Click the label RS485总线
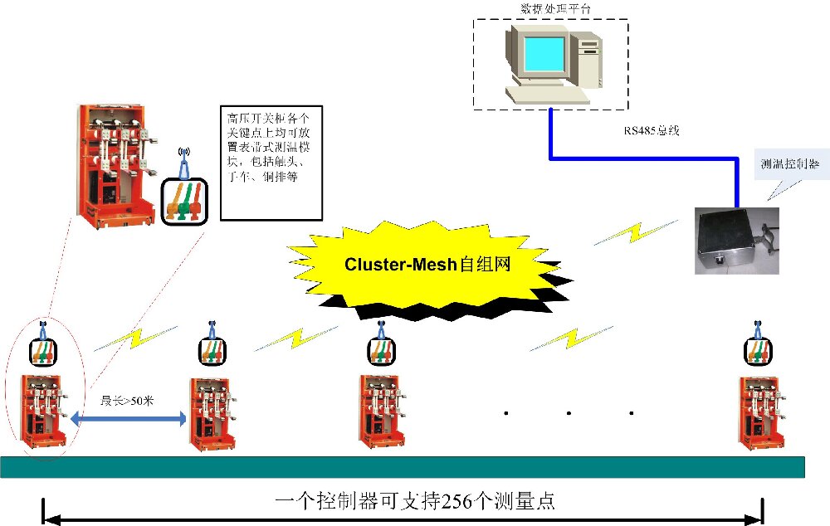pos(652,130)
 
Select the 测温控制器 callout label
pos(789,164)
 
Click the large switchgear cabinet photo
pos(116,166)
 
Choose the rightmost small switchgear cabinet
pos(762,412)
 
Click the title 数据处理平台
pos(550,9)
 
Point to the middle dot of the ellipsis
pos(569,412)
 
